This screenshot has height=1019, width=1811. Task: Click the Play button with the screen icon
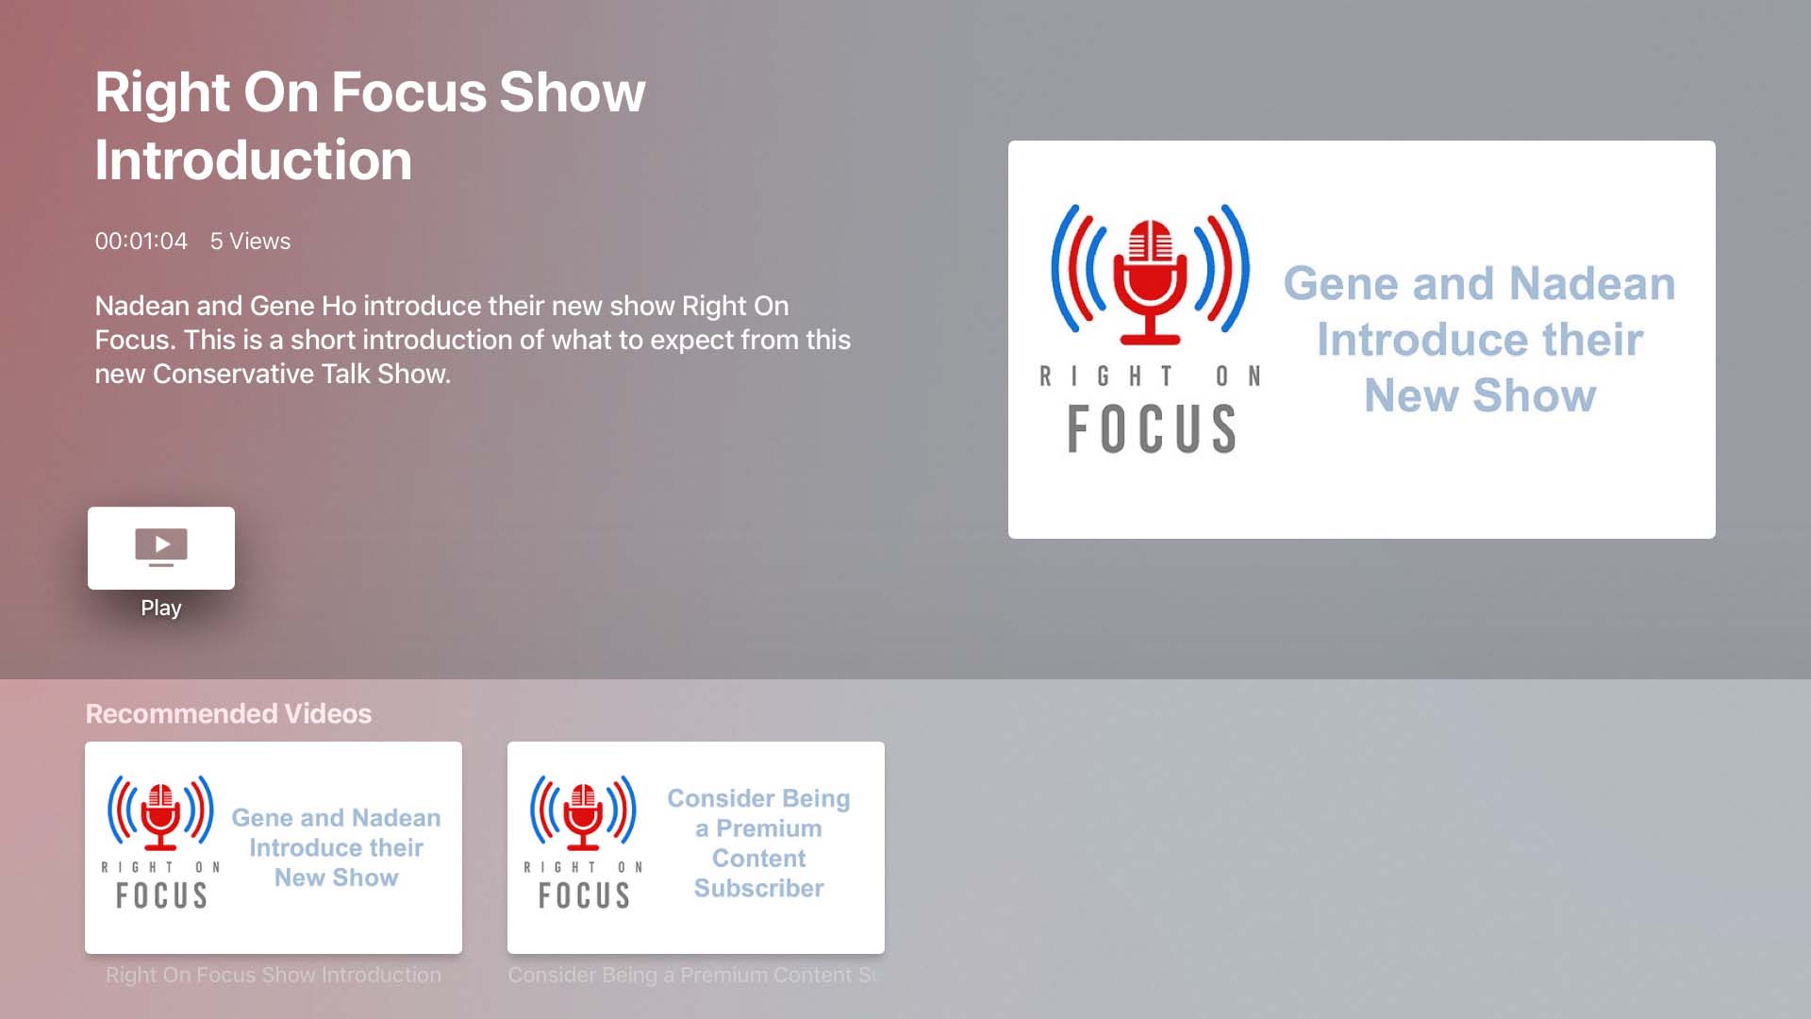[161, 548]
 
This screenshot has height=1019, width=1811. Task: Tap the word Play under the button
[161, 608]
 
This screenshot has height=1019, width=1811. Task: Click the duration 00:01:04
[141, 241]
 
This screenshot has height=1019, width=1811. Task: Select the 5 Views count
[250, 241]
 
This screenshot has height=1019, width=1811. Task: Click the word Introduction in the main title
[254, 159]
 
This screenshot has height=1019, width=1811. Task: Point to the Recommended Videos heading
[228, 713]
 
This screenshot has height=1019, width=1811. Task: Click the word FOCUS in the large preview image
[1151, 429]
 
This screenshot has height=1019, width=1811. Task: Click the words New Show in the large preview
[1480, 394]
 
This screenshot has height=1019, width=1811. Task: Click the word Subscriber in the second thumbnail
[759, 888]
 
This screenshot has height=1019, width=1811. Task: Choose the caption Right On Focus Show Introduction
[274, 975]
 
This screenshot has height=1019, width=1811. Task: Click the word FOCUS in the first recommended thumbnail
[161, 895]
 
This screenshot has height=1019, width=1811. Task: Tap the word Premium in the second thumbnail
[769, 828]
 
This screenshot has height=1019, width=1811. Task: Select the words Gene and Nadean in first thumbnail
[336, 818]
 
